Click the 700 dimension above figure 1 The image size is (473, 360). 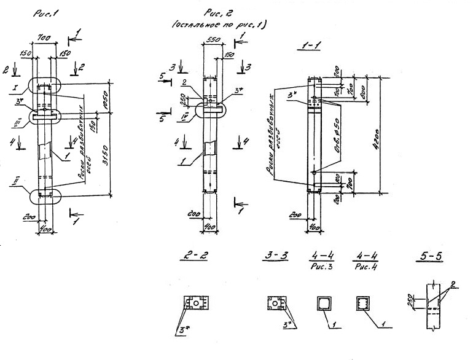tap(44, 39)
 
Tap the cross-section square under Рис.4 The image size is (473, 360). tap(363, 303)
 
